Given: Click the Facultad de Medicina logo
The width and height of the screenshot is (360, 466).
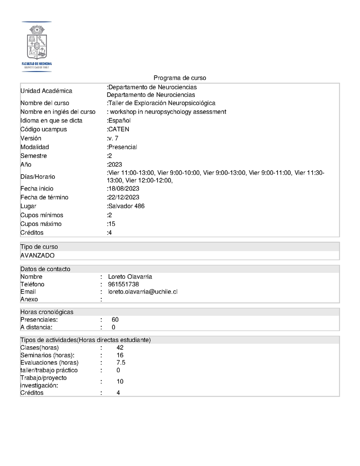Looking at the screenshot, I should click(x=37, y=46).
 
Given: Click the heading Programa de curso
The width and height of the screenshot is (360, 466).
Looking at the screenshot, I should click(x=180, y=78).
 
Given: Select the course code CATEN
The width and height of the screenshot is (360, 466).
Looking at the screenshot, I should click(x=119, y=130).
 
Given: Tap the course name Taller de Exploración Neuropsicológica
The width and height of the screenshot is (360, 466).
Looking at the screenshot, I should click(x=162, y=103).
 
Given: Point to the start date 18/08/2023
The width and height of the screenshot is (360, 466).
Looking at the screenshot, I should click(x=123, y=189).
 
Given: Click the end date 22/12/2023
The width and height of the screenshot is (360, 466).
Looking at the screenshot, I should click(x=123, y=197).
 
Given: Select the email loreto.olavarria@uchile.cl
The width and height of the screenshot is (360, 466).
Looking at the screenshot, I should click(x=143, y=292).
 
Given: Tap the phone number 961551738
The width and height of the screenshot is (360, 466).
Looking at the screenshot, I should click(x=123, y=284).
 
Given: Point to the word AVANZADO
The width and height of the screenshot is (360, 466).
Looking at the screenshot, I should click(x=37, y=255).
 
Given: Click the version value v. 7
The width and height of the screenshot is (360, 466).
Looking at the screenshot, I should click(x=113, y=138).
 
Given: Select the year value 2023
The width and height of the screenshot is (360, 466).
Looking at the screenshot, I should click(x=115, y=164).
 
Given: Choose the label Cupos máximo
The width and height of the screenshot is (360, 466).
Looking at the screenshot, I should click(x=41, y=224).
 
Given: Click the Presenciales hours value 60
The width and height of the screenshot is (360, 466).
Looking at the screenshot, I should click(x=115, y=320).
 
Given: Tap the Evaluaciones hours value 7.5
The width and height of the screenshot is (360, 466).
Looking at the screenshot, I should click(x=121, y=362).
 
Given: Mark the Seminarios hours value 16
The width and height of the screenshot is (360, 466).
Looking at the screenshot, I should click(x=120, y=355).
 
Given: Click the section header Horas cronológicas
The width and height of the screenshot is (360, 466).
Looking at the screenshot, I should click(x=47, y=312).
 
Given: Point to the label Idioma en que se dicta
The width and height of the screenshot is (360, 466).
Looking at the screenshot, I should click(x=51, y=121).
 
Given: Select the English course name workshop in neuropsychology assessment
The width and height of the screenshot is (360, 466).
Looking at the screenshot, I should click(x=167, y=112).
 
